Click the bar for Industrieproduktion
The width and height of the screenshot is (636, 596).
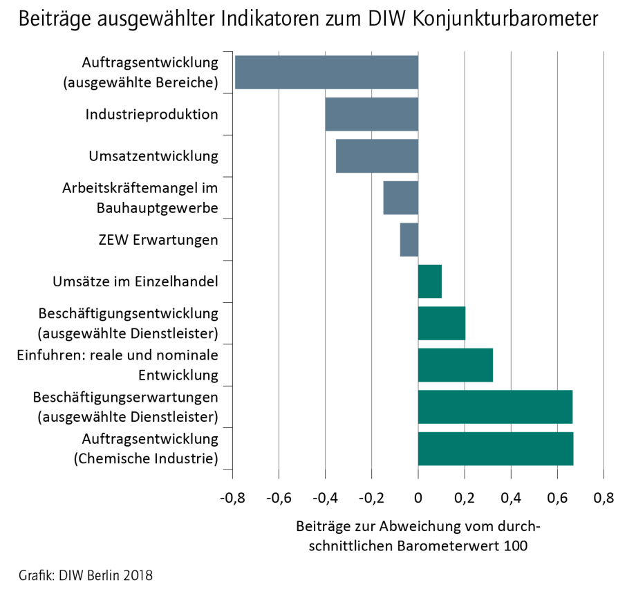372,114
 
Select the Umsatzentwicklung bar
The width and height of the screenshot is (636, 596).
377,156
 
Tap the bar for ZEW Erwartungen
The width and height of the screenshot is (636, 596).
409,240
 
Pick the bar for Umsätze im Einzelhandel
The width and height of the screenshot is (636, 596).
430,281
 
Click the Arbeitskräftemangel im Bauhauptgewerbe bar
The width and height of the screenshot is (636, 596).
401,198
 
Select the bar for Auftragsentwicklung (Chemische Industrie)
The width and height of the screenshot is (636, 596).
496,449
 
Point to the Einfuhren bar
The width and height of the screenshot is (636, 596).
456,365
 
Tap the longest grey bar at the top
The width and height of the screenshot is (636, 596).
326,72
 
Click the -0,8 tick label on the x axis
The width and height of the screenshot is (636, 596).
232,498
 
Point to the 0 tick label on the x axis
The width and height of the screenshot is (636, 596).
418,498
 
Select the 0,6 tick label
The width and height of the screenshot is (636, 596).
558,498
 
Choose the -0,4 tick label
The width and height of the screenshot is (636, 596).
325,498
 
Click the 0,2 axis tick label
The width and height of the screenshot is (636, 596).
465,498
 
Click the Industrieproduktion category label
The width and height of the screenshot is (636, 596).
152,114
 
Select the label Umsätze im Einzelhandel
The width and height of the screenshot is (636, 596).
135,281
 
